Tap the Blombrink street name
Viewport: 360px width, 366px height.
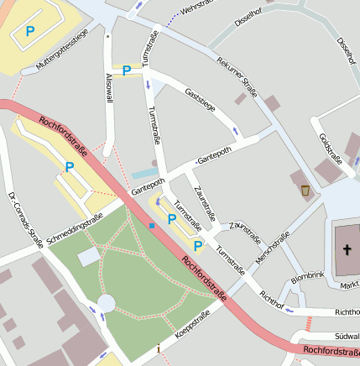(307, 276)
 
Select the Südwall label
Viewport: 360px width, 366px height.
(347, 335)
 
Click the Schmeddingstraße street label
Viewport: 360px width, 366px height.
(76, 228)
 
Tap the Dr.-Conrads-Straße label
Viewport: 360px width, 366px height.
(23, 222)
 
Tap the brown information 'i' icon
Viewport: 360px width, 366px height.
(158, 348)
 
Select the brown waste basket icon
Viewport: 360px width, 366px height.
(305, 191)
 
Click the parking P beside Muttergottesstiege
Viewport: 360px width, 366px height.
(30, 32)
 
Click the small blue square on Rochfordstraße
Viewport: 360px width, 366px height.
(152, 225)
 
